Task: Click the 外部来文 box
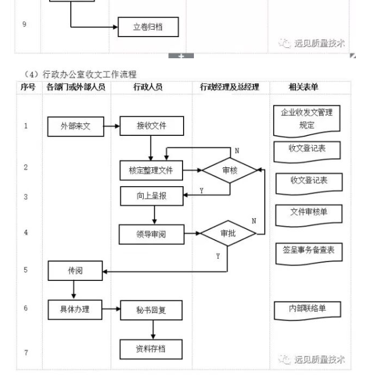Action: pyautogui.click(x=75, y=126)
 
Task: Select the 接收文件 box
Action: pyautogui.click(x=151, y=126)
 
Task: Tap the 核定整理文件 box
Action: pyautogui.click(x=151, y=170)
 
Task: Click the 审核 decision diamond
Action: pyautogui.click(x=230, y=170)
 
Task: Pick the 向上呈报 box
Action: pyautogui.click(x=151, y=197)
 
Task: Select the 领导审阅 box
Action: pyautogui.click(x=151, y=234)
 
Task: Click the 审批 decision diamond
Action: pyautogui.click(x=227, y=233)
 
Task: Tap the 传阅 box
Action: pyautogui.click(x=75, y=271)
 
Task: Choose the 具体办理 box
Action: pyautogui.click(x=75, y=309)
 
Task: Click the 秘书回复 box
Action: pyautogui.click(x=151, y=310)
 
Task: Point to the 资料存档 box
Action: pyautogui.click(x=151, y=348)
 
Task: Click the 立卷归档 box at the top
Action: pyautogui.click(x=148, y=27)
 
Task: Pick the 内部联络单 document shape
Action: pyautogui.click(x=307, y=309)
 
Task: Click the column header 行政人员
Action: pyautogui.click(x=151, y=87)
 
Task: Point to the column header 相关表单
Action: pyautogui.click(x=303, y=87)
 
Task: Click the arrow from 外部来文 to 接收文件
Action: pyautogui.click(x=112, y=126)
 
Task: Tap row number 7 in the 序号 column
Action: pyautogui.click(x=25, y=352)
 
